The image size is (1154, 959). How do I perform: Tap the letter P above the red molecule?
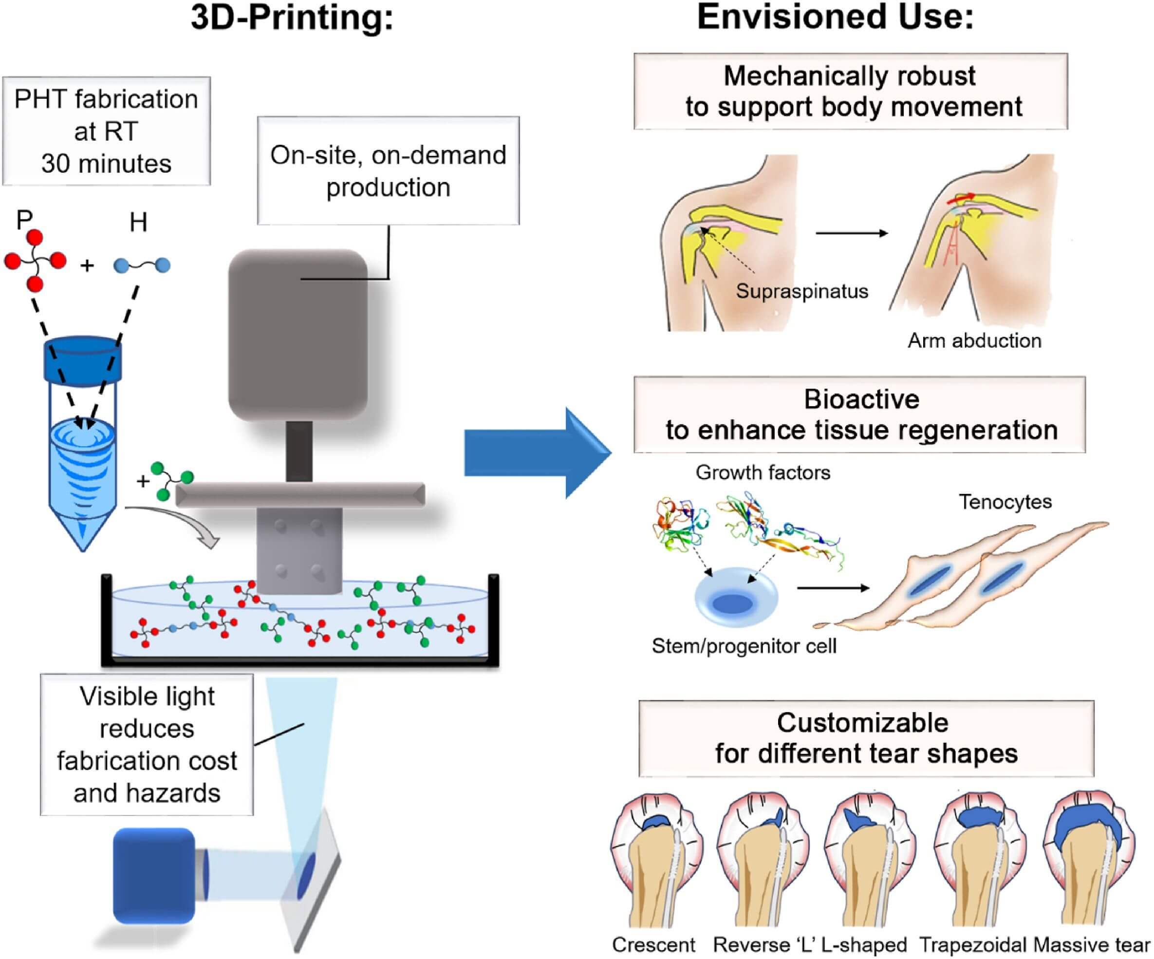click(24, 220)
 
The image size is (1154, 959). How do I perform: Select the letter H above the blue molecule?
click(138, 223)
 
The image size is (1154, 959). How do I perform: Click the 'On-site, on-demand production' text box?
click(388, 171)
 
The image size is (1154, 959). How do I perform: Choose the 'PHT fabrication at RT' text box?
click(106, 132)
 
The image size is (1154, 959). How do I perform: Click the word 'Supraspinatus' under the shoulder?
click(802, 291)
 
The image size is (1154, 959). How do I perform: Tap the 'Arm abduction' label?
click(974, 341)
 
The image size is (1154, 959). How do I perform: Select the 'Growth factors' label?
click(763, 472)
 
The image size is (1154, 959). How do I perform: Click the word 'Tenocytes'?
click(1005, 502)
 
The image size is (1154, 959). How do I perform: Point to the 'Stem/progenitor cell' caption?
click(744, 646)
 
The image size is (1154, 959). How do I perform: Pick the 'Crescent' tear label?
click(653, 945)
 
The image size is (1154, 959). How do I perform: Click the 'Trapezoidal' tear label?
click(973, 945)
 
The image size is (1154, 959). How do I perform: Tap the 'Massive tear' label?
click(1091, 945)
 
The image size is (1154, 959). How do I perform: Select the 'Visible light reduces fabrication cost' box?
click(147, 745)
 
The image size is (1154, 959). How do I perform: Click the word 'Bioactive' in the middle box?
click(861, 399)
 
